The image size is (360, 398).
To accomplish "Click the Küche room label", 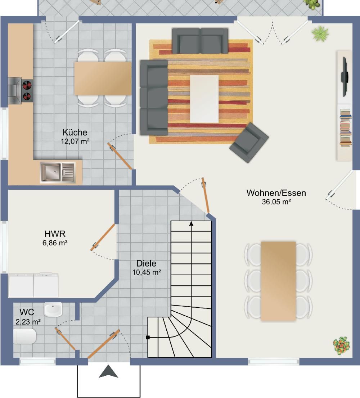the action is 75,132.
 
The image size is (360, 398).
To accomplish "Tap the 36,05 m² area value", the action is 276,202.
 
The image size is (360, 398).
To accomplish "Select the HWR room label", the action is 55,234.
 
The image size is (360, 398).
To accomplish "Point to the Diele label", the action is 146,263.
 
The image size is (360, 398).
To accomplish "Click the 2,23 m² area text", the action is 28,322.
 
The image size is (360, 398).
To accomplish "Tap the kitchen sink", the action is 58,173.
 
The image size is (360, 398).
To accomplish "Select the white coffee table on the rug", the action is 204,99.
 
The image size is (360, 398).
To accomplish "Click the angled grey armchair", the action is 249,143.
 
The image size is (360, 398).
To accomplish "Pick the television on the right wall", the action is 345,77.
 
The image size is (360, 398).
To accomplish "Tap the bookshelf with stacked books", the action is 346,128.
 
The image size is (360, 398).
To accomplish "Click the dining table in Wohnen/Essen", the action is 278,281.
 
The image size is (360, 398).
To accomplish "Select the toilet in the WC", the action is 24,336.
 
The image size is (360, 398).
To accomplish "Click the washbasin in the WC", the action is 53,309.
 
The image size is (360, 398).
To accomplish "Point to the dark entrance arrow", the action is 108,371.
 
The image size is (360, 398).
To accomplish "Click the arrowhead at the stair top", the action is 191,223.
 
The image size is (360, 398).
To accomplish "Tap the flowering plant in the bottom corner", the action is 342,346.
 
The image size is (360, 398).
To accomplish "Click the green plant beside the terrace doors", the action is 320,33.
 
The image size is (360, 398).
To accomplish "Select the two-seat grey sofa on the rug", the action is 200,41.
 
